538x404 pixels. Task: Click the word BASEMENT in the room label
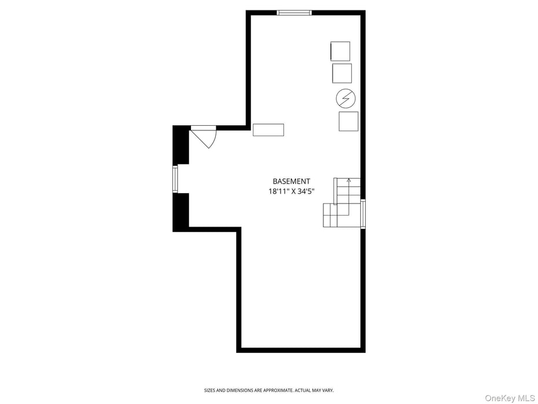(x=292, y=181)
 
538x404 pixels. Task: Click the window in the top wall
(x=294, y=12)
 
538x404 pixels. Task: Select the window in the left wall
(x=175, y=179)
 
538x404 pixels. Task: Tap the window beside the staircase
(x=363, y=214)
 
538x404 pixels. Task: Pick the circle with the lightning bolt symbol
(x=346, y=98)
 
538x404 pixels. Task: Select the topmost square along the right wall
(x=340, y=51)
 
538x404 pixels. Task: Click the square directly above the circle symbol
(x=342, y=74)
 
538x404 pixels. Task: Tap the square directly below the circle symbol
(x=348, y=121)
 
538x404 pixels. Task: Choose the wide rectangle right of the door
(x=268, y=130)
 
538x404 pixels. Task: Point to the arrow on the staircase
(x=348, y=181)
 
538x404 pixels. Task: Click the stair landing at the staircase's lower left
(x=330, y=215)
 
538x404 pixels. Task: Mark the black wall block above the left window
(x=181, y=145)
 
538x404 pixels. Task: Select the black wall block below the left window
(x=181, y=212)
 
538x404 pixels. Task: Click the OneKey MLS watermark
(x=510, y=398)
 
